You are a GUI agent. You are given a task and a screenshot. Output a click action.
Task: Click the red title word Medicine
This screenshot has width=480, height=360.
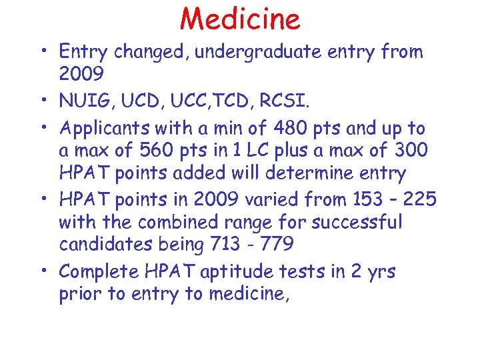tap(240, 19)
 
